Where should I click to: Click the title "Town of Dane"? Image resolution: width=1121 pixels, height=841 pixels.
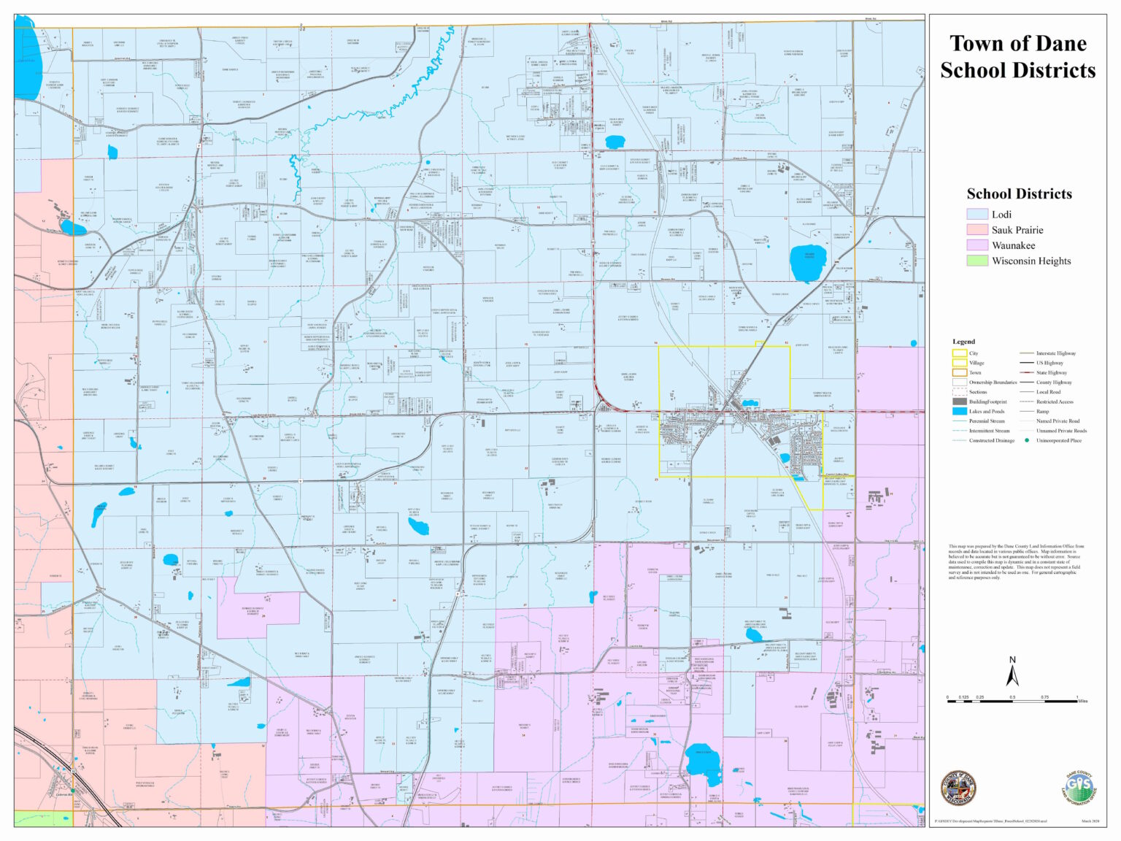pos(1017,44)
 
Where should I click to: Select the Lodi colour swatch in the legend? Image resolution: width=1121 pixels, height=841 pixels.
pos(976,215)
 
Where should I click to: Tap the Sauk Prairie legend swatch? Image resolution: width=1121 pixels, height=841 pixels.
pos(976,230)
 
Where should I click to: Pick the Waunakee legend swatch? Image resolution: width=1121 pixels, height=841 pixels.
pos(976,245)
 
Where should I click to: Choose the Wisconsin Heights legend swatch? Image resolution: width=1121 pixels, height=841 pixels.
pos(976,261)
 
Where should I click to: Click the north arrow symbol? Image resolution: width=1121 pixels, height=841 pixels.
pos(1012,672)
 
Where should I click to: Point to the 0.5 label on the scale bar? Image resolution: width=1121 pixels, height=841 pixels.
pos(1012,697)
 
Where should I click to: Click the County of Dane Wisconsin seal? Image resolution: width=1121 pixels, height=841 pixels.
pos(958,788)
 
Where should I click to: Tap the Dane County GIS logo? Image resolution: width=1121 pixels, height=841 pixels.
pos(1079,788)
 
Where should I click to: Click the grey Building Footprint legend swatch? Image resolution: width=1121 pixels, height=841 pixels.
pos(959,402)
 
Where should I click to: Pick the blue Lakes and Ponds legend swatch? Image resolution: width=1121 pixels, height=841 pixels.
pos(959,412)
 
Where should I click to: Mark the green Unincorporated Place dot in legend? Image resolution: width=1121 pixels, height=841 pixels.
pos(1027,440)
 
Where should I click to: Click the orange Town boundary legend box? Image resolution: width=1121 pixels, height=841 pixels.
pos(959,372)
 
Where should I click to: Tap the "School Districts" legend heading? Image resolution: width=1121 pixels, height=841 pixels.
pos(1019,194)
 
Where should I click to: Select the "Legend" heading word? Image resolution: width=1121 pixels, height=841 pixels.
pos(963,342)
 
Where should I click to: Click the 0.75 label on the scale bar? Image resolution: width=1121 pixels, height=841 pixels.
pos(1044,697)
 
